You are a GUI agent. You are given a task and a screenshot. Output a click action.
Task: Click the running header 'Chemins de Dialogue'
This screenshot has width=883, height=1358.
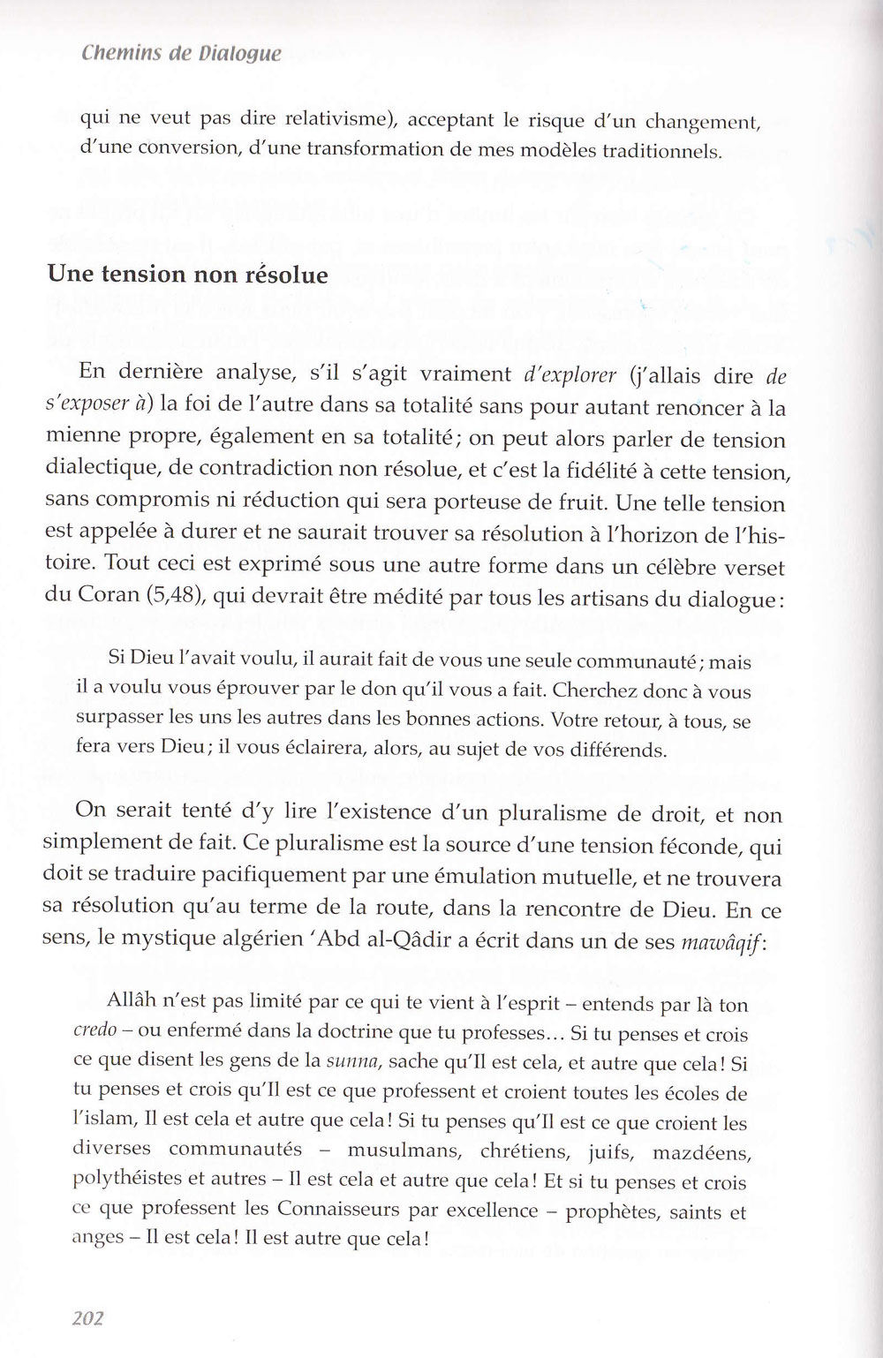[181, 53]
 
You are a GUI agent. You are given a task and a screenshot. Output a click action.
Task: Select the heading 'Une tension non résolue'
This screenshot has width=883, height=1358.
[187, 275]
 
